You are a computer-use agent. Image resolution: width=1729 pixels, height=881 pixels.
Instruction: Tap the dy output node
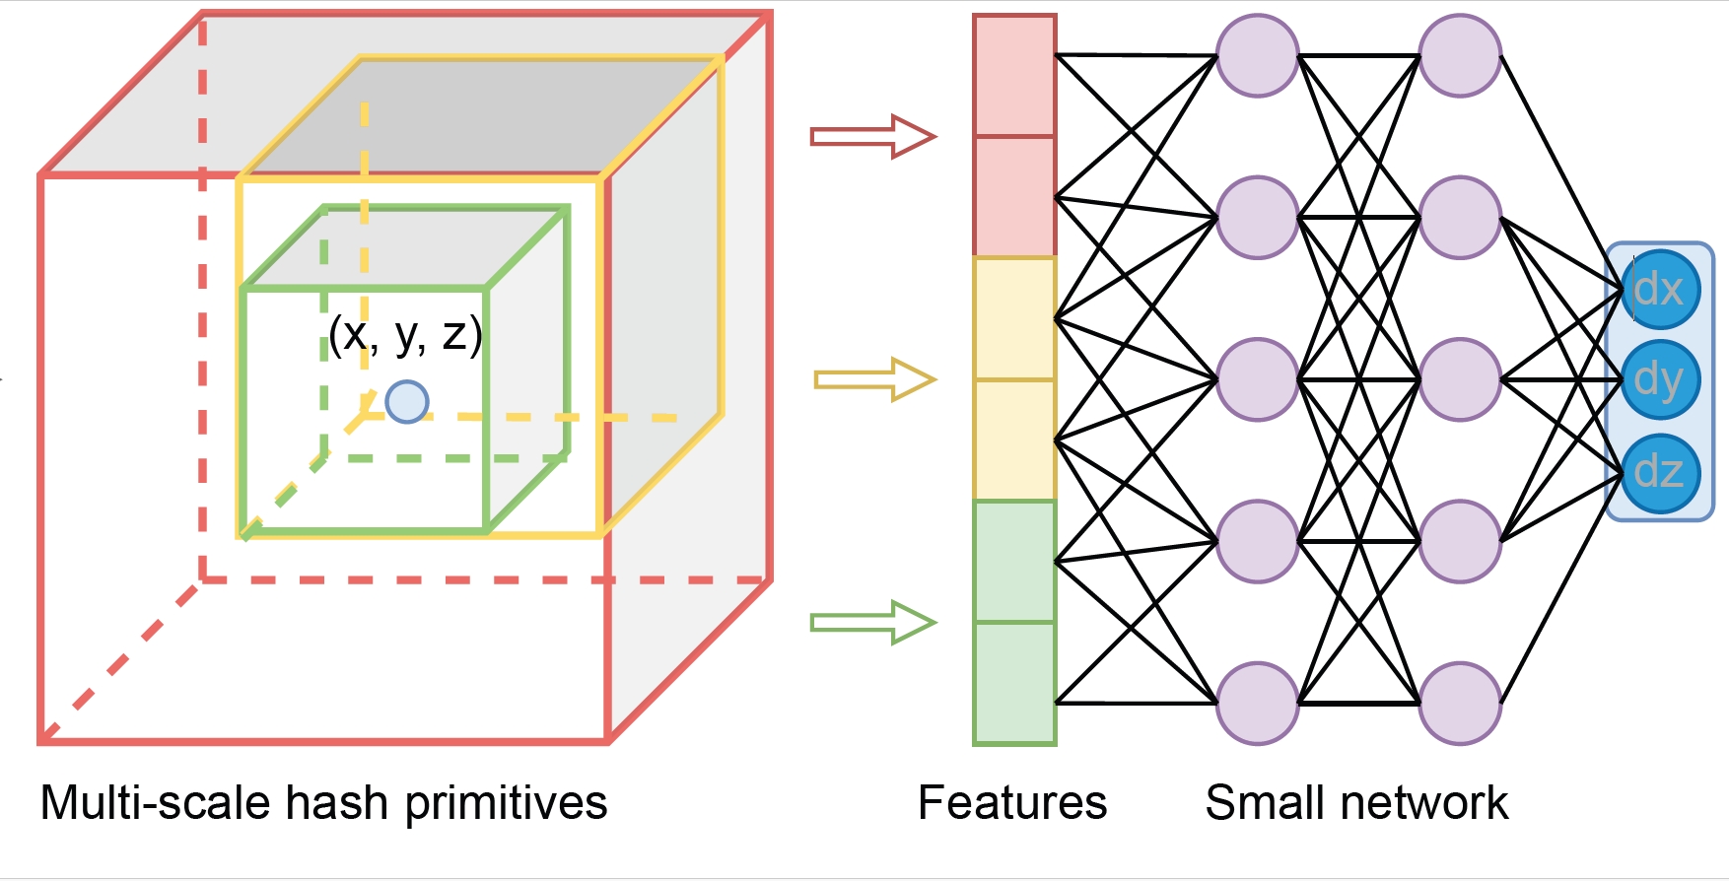tap(1660, 380)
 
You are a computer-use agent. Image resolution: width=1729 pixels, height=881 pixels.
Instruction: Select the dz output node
tap(1660, 473)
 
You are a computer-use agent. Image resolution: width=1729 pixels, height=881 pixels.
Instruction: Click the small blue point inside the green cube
tap(406, 402)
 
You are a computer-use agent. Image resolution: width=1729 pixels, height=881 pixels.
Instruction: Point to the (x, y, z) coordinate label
tap(405, 335)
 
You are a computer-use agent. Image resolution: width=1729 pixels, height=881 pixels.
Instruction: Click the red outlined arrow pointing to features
tap(872, 136)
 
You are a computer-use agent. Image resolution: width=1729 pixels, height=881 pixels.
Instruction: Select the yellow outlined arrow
tap(873, 379)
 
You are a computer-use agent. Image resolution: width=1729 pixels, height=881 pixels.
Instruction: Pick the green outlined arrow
tap(872, 622)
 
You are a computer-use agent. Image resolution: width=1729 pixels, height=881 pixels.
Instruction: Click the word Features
tap(1012, 803)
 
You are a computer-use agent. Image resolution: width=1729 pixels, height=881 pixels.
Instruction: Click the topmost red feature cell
tap(1014, 77)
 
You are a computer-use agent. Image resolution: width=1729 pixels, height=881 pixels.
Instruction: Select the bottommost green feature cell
tap(1014, 682)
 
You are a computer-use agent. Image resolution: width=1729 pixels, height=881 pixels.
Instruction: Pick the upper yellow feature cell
tap(1014, 318)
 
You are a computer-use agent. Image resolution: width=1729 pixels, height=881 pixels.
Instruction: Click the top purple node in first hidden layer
tap(1257, 56)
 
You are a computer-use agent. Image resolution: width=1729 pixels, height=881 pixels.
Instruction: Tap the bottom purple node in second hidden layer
tap(1460, 703)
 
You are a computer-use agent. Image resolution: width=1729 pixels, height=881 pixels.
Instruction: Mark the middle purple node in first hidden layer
tap(1257, 379)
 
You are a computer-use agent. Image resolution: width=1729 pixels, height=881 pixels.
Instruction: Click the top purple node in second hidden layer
tap(1460, 56)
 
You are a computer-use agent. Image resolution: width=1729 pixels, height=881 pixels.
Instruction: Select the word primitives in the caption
tap(506, 803)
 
